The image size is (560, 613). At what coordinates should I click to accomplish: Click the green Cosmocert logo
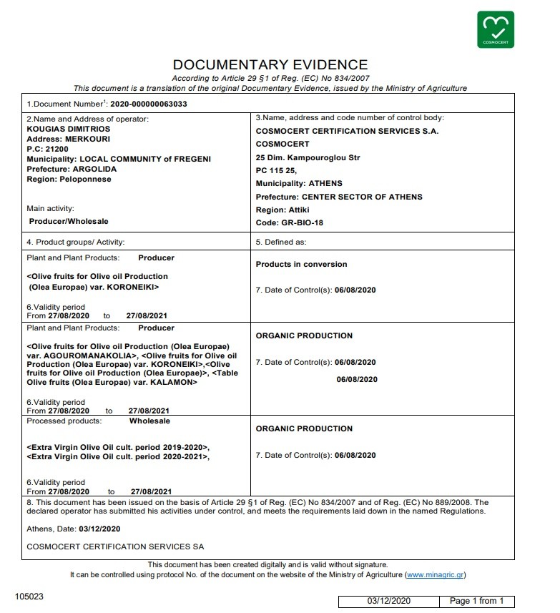tap(495, 29)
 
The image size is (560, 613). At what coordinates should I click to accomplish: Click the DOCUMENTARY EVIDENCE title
tap(270, 65)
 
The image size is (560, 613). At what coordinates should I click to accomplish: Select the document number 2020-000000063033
tap(149, 104)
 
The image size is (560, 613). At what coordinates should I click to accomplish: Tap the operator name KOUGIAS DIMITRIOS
tap(68, 129)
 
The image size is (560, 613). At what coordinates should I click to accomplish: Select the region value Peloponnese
tap(84, 179)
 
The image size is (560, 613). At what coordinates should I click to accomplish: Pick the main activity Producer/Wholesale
tap(69, 221)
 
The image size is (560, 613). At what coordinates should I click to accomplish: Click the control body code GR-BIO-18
tap(301, 222)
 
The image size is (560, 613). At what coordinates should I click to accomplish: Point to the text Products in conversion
tap(301, 264)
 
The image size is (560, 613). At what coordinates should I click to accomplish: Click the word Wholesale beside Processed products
tap(149, 421)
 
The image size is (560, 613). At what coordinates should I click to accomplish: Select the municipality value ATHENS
tap(325, 183)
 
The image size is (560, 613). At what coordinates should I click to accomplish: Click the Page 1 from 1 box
tap(476, 601)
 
